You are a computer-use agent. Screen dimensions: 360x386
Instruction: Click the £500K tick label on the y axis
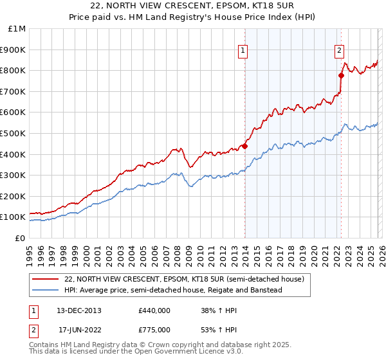point(13,133)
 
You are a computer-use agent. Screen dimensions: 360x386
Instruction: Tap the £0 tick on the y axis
point(20,238)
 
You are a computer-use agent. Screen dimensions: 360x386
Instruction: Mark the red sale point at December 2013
point(244,146)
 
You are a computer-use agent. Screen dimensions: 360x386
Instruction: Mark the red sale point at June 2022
point(341,76)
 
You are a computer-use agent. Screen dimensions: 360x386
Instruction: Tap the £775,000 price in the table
point(154,329)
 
